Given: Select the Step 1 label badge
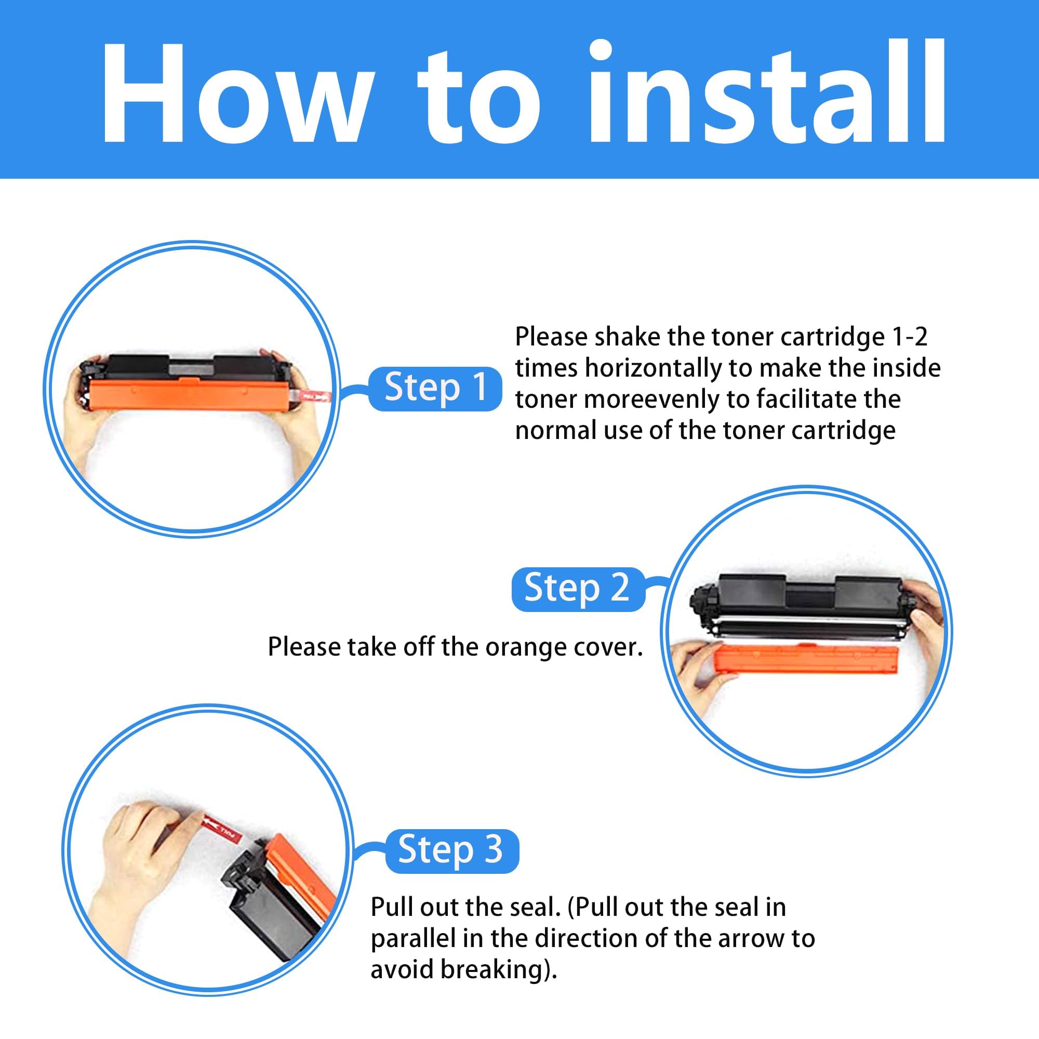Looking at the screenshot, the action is (434, 388).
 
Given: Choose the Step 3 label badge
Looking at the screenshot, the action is (452, 850).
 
